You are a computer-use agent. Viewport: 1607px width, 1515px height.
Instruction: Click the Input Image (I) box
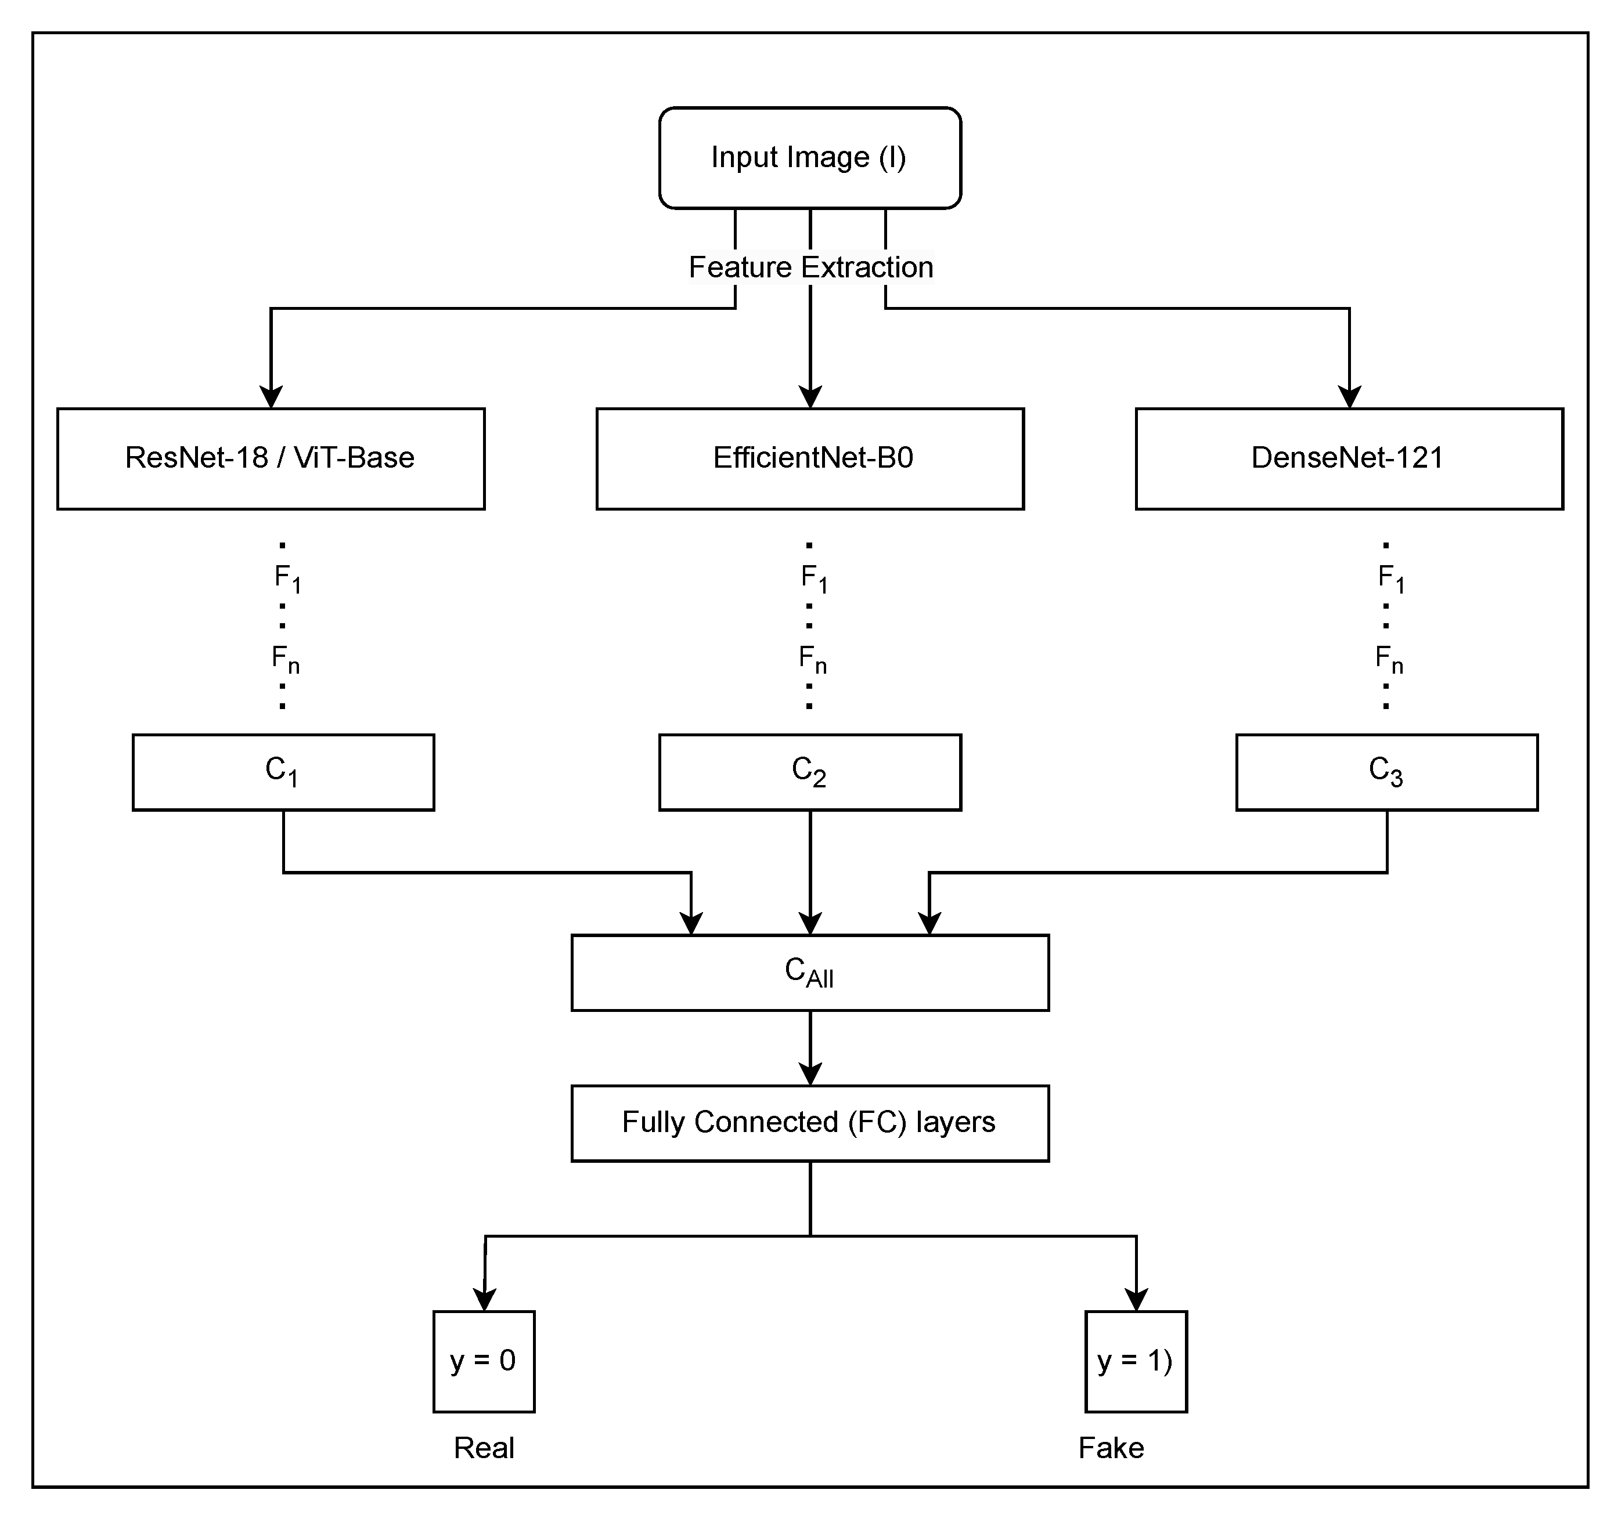[x=809, y=158]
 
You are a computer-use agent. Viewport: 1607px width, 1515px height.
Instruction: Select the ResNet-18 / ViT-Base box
[x=271, y=458]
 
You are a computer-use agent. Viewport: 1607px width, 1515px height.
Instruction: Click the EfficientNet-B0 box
[x=810, y=458]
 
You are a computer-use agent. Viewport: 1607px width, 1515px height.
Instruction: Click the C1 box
[x=283, y=772]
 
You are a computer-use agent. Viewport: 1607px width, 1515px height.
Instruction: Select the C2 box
[x=810, y=772]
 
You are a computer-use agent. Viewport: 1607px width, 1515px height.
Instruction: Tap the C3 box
[x=1386, y=772]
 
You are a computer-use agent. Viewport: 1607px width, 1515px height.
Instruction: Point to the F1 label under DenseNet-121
[x=1390, y=578]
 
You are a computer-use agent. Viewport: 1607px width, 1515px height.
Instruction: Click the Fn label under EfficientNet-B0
[x=812, y=659]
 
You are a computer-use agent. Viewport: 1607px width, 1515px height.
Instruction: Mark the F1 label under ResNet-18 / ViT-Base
[x=287, y=578]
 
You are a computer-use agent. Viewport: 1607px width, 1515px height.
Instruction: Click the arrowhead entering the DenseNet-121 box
[x=1349, y=397]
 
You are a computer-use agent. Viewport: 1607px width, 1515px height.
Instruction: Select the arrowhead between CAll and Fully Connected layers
[x=810, y=1074]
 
